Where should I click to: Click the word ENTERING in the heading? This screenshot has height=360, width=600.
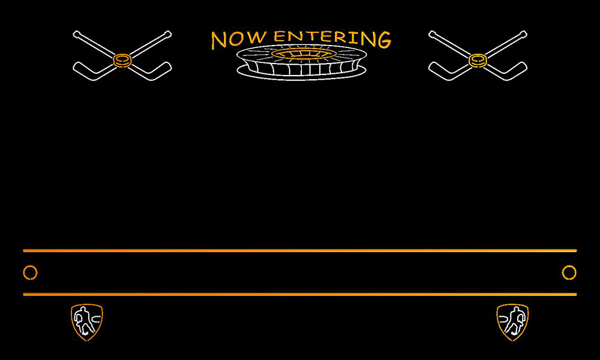pyautogui.click(x=332, y=38)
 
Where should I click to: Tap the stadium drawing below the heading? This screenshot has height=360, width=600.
pyautogui.click(x=302, y=62)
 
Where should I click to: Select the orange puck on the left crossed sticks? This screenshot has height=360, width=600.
pyautogui.click(x=122, y=61)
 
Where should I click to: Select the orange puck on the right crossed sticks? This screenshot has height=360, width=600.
pyautogui.click(x=478, y=61)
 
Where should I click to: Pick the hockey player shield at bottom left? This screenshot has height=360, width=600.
pyautogui.click(x=87, y=322)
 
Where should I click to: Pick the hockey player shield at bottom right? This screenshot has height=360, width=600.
pyautogui.click(x=513, y=322)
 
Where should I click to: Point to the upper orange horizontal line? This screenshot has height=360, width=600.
pyautogui.click(x=300, y=251)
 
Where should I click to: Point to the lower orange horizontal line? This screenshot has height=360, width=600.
pyautogui.click(x=300, y=294)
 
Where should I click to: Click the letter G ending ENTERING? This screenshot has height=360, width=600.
pyautogui.click(x=384, y=40)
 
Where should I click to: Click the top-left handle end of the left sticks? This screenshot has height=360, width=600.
pyautogui.click(x=76, y=34)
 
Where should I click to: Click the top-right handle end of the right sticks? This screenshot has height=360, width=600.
pyautogui.click(x=523, y=34)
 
